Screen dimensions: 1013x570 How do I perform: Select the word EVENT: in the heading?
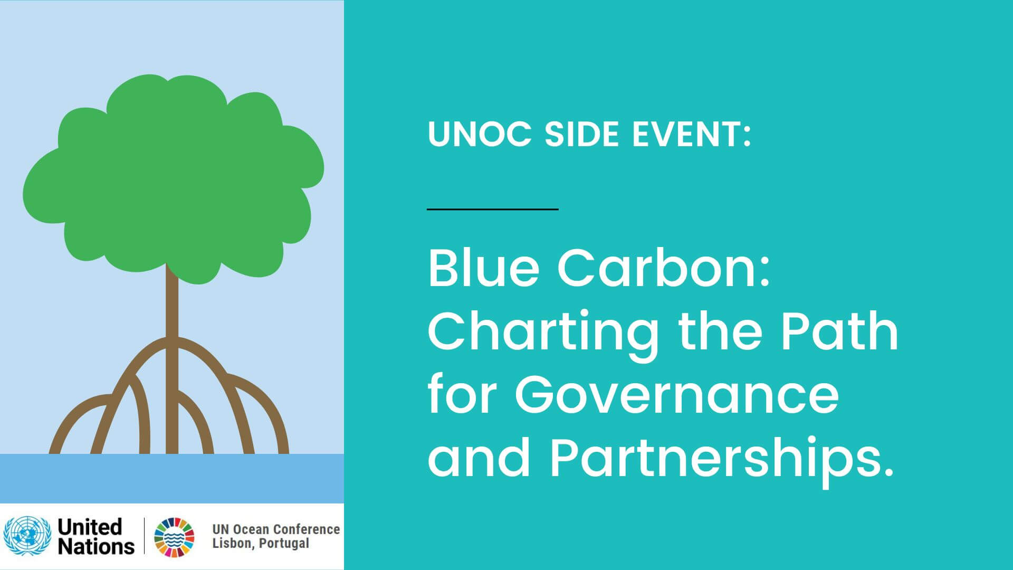692,134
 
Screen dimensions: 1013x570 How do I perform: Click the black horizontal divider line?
493,209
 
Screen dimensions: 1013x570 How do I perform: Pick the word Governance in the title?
677,394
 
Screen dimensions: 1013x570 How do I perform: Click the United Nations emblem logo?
26,536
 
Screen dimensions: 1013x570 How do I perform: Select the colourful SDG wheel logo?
174,537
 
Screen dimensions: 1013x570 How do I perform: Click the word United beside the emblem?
90,527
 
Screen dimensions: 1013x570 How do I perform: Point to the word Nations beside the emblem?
96,546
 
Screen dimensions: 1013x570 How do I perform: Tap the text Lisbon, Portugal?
261,544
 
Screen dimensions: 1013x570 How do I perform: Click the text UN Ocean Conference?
276,529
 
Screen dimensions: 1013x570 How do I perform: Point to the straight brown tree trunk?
172,359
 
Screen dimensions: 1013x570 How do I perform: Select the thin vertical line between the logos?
144,536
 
